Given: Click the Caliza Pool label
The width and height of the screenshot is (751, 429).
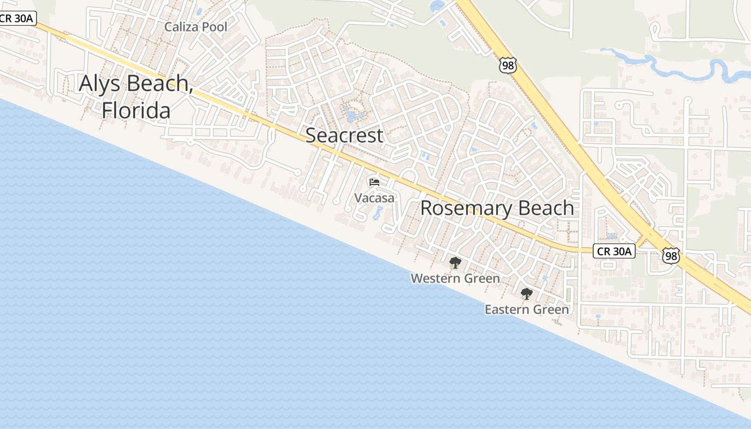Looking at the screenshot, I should (196, 27).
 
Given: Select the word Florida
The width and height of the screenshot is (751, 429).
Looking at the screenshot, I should (136, 110).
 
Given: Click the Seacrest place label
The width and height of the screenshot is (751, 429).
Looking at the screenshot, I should (344, 135).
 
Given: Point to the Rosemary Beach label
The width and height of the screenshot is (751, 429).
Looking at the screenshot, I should (497, 208).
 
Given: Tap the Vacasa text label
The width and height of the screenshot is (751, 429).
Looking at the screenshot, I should (374, 198).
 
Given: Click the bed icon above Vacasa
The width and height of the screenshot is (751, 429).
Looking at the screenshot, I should (374, 183).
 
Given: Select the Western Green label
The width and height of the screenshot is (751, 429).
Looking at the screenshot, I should (455, 278).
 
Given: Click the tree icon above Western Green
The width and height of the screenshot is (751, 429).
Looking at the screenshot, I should (455, 263).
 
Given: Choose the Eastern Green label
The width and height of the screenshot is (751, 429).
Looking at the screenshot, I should (526, 309).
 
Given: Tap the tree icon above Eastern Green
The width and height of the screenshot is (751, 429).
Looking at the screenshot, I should (526, 294).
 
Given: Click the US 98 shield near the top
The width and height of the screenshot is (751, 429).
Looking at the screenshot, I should (507, 65).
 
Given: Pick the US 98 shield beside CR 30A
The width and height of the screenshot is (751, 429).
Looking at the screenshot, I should (671, 256).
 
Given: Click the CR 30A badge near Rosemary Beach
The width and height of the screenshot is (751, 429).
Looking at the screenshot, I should (614, 250).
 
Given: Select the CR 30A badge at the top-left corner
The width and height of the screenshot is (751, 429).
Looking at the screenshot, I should (17, 18).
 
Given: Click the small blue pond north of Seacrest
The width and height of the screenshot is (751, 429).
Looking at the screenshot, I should (351, 114).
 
